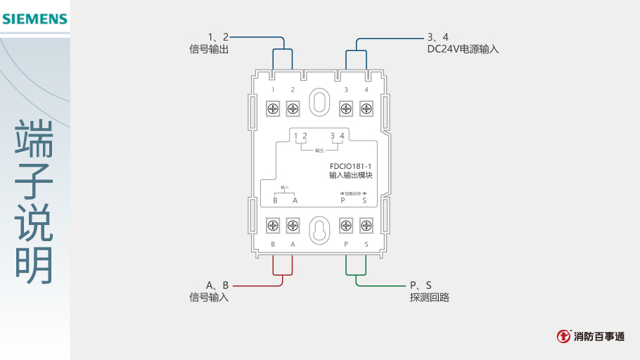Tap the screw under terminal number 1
(x=273, y=108)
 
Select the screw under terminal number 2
(x=293, y=108)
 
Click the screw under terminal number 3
(x=346, y=108)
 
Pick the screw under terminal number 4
(x=366, y=108)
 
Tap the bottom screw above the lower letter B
(x=273, y=226)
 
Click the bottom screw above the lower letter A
(x=293, y=226)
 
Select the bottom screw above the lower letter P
(x=346, y=226)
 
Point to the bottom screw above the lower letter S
(x=366, y=226)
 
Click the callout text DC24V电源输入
(x=462, y=49)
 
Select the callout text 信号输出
(x=209, y=49)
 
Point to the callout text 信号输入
(x=209, y=297)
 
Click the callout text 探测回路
(x=430, y=297)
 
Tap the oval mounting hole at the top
(x=319, y=101)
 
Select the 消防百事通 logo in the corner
(x=591, y=336)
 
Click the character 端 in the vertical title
(x=34, y=139)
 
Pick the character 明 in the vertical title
(x=34, y=266)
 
